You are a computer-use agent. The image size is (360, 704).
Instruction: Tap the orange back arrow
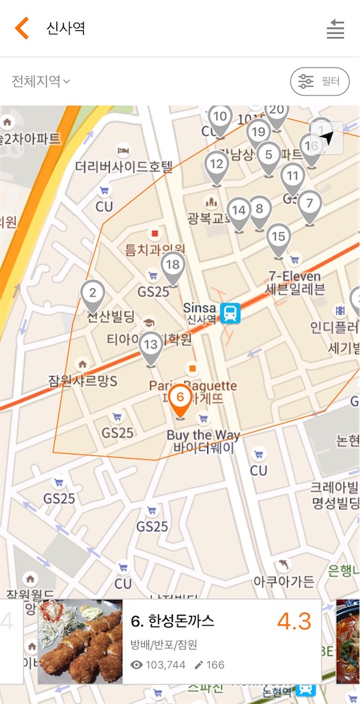(22, 28)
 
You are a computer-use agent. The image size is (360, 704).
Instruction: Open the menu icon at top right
(335, 29)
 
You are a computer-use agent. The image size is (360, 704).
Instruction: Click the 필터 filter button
(319, 81)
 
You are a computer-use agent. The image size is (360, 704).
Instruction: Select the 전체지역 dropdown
(41, 81)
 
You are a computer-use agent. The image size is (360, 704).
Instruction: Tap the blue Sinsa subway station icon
(230, 313)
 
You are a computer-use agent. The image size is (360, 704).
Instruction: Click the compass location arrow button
(327, 137)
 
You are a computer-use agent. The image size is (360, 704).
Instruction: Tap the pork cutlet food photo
(80, 641)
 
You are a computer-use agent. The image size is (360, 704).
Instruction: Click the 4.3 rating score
(294, 621)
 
